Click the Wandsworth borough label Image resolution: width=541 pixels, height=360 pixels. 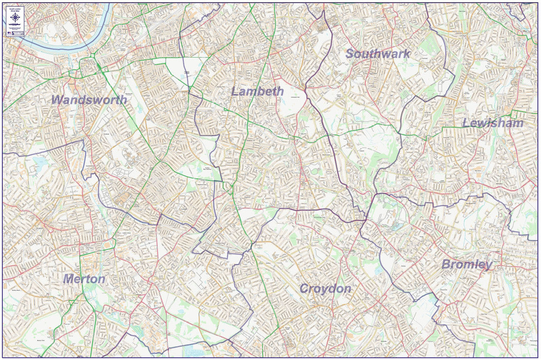[x=89, y=100]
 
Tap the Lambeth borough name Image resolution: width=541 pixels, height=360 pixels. [x=257, y=91]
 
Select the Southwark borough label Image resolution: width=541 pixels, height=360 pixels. [x=377, y=54]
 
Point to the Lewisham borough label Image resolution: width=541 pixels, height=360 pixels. [x=492, y=123]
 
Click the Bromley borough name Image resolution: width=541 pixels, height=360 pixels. [x=467, y=265]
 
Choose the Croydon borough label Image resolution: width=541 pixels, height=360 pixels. [x=325, y=289]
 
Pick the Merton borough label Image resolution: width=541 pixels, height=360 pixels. [x=84, y=279]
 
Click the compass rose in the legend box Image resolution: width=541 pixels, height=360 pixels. [x=15, y=17]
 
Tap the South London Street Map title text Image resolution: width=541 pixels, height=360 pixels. [x=15, y=9]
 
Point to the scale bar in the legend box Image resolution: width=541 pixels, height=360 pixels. [x=15, y=27]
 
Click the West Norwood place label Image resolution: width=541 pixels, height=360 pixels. [x=303, y=183]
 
